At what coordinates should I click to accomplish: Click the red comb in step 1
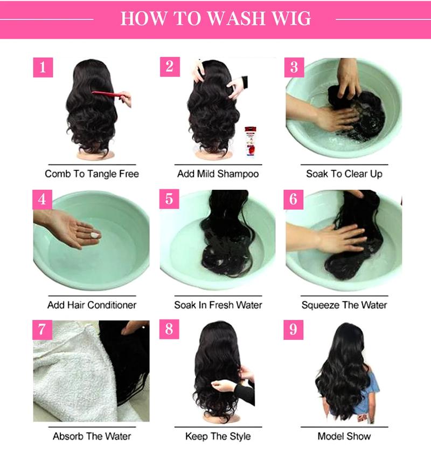click(110, 95)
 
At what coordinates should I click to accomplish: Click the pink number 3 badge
click(294, 67)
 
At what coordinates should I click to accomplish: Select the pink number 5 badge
click(169, 198)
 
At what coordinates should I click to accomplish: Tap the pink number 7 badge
click(43, 329)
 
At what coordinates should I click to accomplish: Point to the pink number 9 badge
click(294, 329)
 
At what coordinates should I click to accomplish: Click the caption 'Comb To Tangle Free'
click(92, 174)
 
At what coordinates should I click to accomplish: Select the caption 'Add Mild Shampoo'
click(218, 174)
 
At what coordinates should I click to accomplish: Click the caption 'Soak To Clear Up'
click(344, 174)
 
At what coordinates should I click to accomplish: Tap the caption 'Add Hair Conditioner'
click(92, 305)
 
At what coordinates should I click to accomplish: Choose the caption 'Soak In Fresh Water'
click(218, 305)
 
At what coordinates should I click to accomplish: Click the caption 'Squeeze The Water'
click(344, 305)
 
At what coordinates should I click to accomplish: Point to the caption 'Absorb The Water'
click(92, 436)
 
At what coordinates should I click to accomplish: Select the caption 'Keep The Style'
click(218, 436)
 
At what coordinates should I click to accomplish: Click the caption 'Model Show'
click(344, 436)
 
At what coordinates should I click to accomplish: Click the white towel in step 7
click(65, 378)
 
